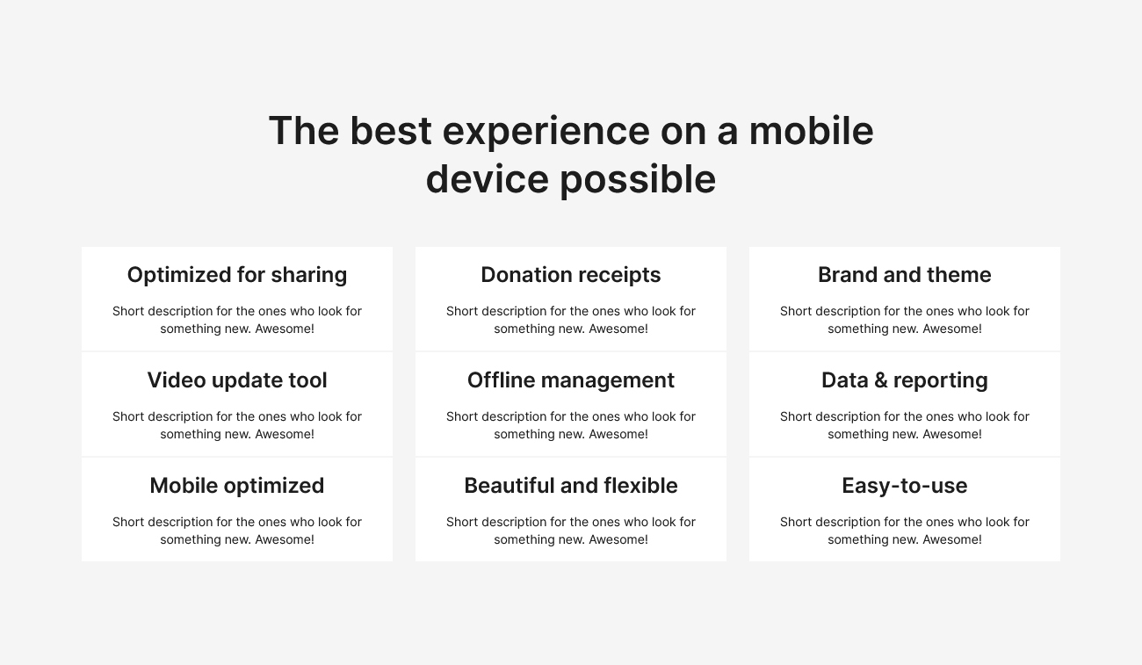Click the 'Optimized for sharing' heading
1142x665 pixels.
pyautogui.click(x=237, y=275)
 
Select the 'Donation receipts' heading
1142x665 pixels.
pyautogui.click(x=571, y=275)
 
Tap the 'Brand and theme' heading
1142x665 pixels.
pyautogui.click(x=904, y=275)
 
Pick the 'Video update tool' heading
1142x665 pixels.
pyautogui.click(x=237, y=380)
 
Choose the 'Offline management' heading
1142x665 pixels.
pyautogui.click(x=571, y=380)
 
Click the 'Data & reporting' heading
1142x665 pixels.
pyautogui.click(x=904, y=380)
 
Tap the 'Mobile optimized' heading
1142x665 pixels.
pyautogui.click(x=237, y=486)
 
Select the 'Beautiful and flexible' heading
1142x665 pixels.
pyautogui.click(x=571, y=486)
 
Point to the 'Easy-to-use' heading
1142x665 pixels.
pyautogui.click(x=904, y=486)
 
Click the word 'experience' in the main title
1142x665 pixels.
pyautogui.click(x=545, y=132)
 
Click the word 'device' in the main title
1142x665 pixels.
pyautogui.click(x=486, y=179)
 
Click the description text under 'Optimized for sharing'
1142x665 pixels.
pyautogui.click(x=237, y=320)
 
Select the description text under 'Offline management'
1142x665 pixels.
pyautogui.click(x=571, y=425)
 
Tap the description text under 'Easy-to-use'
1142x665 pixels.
pyautogui.click(x=904, y=531)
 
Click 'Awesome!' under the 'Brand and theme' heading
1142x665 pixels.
pyautogui.click(x=952, y=329)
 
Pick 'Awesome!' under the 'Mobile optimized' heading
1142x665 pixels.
pyautogui.click(x=285, y=539)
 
